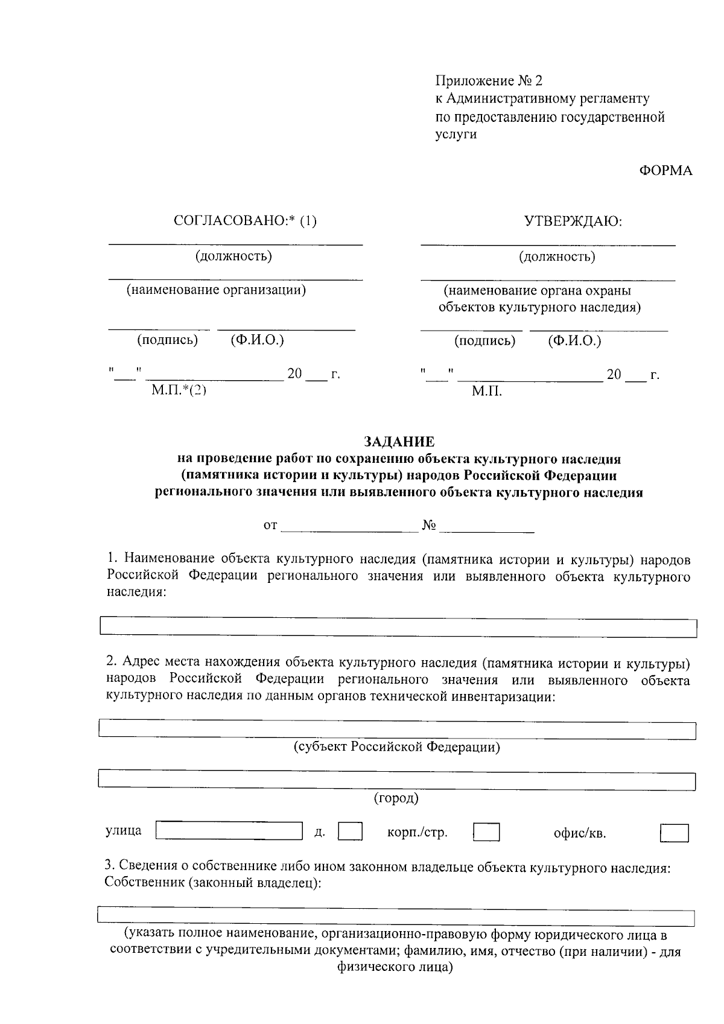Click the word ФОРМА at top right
(665, 171)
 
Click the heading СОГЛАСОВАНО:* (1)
(245, 221)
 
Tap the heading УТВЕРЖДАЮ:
(573, 221)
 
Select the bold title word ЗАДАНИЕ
(399, 442)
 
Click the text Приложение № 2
(489, 81)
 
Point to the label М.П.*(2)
(179, 390)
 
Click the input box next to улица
(229, 831)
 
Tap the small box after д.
(350, 832)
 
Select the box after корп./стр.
(486, 833)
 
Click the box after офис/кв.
(674, 833)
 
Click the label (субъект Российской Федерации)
(396, 747)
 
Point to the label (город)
(396, 798)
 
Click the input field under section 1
(398, 628)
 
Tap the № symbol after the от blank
(429, 526)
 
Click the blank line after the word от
(350, 526)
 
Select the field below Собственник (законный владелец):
(395, 917)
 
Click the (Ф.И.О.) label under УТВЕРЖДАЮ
(574, 341)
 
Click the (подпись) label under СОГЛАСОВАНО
(168, 340)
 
